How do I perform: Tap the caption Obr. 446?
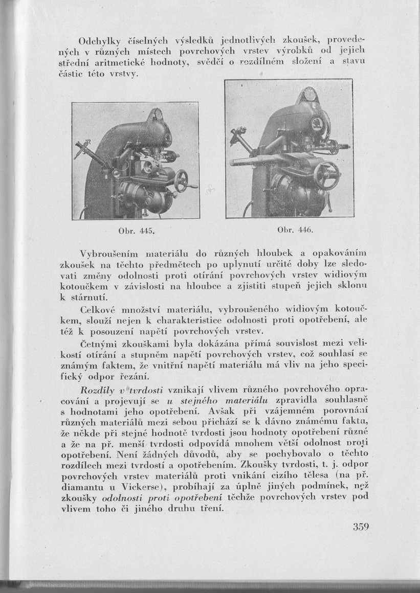(x=291, y=231)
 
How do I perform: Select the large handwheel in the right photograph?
(x=325, y=175)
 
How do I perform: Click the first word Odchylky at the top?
(x=97, y=41)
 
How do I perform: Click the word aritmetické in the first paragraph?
(x=121, y=63)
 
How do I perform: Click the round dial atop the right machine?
(x=309, y=96)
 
